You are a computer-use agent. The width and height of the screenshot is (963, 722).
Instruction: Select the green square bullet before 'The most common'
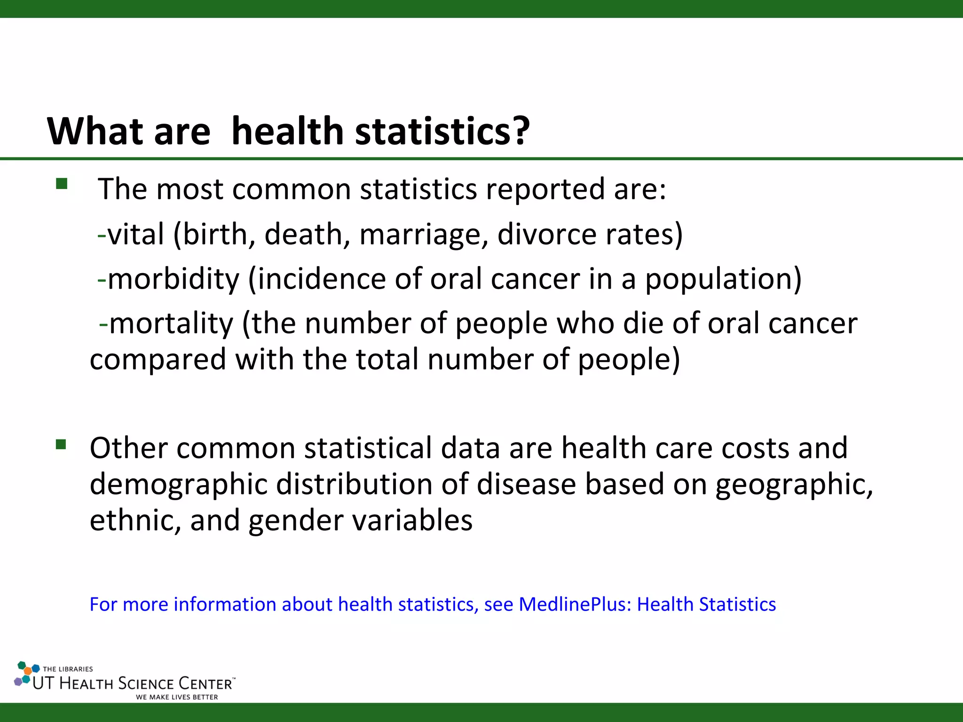click(x=62, y=183)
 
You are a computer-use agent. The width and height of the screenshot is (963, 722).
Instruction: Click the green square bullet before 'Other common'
click(x=61, y=444)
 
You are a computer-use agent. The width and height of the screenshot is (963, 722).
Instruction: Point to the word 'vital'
click(x=136, y=234)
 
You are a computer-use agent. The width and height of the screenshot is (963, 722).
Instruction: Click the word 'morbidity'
click(x=174, y=279)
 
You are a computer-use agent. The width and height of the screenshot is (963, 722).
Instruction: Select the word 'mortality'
click(x=171, y=323)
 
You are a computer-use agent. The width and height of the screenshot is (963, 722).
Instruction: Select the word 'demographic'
click(x=178, y=485)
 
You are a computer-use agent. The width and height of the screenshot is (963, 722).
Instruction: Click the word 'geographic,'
click(x=794, y=485)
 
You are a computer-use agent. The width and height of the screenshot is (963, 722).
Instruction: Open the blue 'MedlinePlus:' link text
click(x=575, y=604)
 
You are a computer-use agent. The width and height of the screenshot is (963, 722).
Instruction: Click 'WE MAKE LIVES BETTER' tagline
click(x=177, y=697)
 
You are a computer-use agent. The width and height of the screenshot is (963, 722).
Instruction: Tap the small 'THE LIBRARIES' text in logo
click(x=68, y=669)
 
